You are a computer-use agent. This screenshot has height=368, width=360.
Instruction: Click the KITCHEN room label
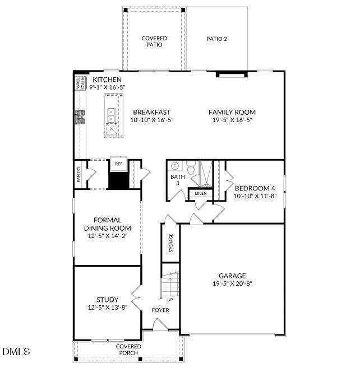click(107, 80)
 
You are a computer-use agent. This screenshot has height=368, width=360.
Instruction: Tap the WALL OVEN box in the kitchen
click(80, 83)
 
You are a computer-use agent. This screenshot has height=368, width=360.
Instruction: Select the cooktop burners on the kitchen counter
click(80, 116)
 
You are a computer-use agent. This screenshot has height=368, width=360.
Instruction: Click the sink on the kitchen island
click(111, 115)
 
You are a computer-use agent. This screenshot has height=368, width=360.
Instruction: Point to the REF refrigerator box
click(118, 164)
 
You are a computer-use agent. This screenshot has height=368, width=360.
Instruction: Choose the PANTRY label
click(79, 175)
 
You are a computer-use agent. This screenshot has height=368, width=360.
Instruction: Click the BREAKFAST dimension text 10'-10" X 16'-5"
click(151, 120)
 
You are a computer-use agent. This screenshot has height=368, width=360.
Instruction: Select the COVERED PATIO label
click(154, 41)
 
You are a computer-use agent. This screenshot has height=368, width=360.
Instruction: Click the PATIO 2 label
click(216, 39)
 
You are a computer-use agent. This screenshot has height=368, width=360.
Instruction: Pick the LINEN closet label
click(200, 194)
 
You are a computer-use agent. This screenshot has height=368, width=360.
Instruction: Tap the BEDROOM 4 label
click(255, 188)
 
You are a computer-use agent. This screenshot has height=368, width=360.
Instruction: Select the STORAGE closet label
click(171, 243)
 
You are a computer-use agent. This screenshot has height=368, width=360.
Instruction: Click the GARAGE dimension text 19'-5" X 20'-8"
click(232, 283)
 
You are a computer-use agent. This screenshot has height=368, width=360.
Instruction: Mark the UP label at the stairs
click(170, 300)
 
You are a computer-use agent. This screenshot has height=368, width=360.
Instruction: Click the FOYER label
click(160, 310)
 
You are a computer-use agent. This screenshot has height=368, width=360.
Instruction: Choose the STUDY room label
click(107, 300)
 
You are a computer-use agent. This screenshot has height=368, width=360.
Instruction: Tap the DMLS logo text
click(16, 351)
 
